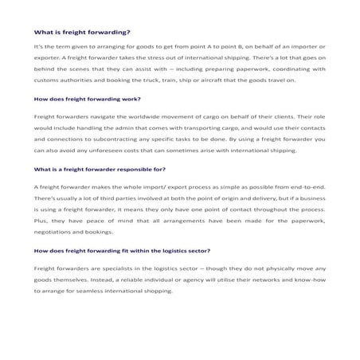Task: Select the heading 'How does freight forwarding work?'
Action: (87, 100)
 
